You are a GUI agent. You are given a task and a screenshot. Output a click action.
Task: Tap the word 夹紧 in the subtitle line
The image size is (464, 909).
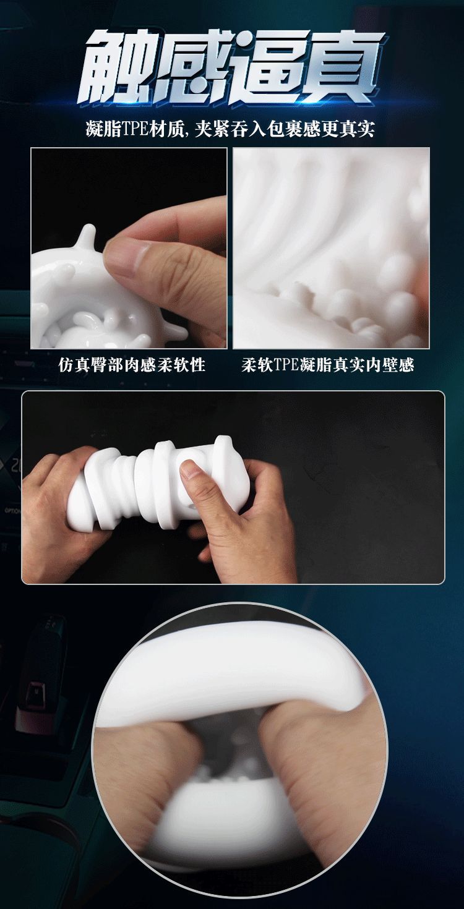point(212,129)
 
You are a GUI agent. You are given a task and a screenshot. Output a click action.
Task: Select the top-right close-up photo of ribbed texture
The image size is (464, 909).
point(331,247)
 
